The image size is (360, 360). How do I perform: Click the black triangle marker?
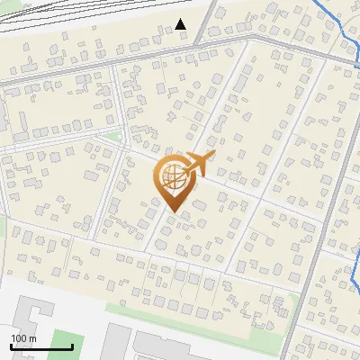click(x=181, y=23)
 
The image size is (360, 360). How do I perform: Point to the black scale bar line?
click(x=41, y=346)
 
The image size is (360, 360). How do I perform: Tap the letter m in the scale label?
click(x=32, y=337)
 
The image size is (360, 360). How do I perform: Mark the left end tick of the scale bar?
click(x=11, y=345)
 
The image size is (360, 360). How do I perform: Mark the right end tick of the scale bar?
click(x=72, y=345)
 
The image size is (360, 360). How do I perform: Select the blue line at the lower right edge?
click(x=354, y=279)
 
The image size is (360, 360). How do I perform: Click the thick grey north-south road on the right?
click(x=315, y=225)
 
